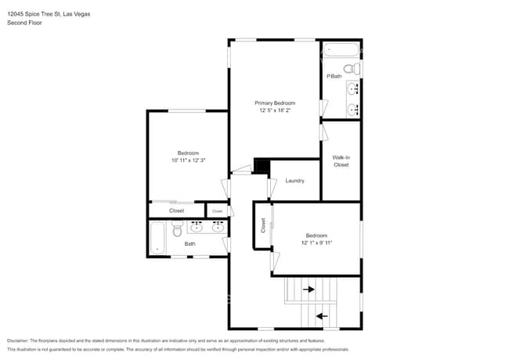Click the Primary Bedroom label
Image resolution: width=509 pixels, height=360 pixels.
[275, 103]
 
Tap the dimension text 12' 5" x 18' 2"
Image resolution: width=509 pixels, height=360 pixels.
[275, 110]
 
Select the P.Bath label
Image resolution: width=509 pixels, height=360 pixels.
[334, 76]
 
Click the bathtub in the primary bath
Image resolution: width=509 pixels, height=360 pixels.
[340, 51]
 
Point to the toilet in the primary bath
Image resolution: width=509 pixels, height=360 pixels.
[355, 70]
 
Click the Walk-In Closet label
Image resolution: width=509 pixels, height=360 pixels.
[341, 161]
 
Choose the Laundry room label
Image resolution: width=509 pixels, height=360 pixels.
[294, 181]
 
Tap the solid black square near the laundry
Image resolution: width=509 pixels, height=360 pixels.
[262, 166]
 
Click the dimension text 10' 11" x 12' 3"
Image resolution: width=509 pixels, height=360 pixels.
[188, 160]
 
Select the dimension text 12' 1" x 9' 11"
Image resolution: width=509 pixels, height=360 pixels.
[316, 243]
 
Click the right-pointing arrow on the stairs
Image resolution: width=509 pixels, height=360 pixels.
[309, 289]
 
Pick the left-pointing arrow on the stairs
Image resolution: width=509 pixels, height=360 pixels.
[321, 316]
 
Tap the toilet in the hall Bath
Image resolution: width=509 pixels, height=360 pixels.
[178, 230]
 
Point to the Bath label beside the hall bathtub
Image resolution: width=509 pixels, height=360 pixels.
[190, 244]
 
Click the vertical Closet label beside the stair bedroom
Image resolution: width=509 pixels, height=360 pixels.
[263, 225]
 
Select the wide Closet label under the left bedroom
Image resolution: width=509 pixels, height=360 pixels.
[176, 211]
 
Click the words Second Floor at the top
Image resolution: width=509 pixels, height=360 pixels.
[25, 23]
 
